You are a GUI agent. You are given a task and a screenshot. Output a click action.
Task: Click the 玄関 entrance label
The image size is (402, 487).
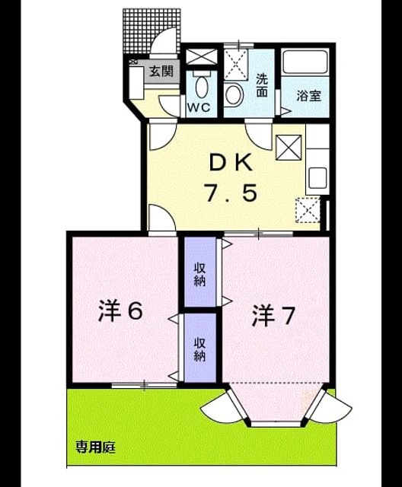point(161,72)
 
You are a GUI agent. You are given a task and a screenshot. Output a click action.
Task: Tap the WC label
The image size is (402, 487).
point(199,107)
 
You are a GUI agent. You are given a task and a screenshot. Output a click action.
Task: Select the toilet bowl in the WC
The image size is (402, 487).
point(202,86)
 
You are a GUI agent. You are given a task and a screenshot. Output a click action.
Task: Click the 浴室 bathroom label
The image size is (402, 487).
point(308,96)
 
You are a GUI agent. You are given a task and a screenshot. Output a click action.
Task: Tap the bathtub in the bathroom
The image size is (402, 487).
point(306,62)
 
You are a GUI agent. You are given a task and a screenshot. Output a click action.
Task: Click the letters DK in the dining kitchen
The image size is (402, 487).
point(231,163)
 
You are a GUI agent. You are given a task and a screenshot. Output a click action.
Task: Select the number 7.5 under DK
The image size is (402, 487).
point(231,193)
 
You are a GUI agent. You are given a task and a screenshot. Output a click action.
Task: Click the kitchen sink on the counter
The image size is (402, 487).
point(317,178)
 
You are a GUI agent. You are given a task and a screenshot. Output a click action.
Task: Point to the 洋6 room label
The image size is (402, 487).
point(120,311)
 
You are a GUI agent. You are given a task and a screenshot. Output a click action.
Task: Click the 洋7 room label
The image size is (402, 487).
point(273,316)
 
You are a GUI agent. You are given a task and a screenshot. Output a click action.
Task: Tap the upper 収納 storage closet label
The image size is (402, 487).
point(200,274)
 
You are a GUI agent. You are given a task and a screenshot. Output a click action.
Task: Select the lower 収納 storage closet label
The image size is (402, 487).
point(200,349)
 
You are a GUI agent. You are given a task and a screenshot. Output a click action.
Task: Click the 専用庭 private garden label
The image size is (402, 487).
point(96,447)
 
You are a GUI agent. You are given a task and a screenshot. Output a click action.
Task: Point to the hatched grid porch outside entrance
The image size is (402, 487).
point(151,31)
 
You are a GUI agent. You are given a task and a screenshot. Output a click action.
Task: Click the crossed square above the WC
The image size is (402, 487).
point(202,57)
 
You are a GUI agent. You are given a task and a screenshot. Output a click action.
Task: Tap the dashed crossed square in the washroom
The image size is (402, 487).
point(236,64)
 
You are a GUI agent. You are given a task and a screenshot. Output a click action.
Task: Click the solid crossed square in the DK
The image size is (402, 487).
point(289,148)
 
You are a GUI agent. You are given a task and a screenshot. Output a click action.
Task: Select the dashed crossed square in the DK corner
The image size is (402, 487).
point(308,210)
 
